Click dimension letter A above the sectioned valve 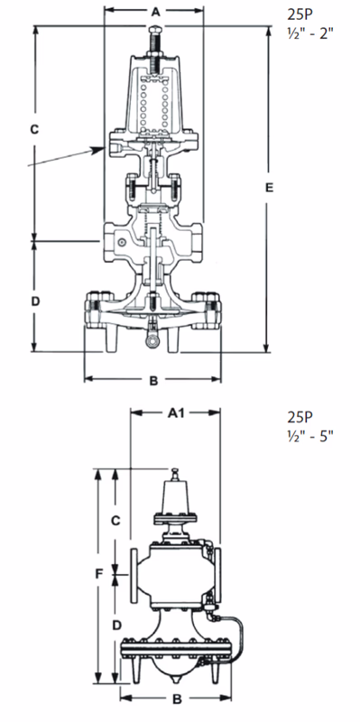pyautogui.click(x=154, y=13)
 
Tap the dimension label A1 pyautogui.click(x=176, y=412)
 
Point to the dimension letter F pyautogui.click(x=97, y=572)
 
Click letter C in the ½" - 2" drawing pyautogui.click(x=34, y=130)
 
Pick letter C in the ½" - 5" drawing pyautogui.click(x=115, y=521)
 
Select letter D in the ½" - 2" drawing pyautogui.click(x=34, y=301)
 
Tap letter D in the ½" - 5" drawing pyautogui.click(x=116, y=624)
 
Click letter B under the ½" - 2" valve pyautogui.click(x=154, y=380)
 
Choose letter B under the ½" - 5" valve pyautogui.click(x=177, y=699)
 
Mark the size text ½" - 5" pyautogui.click(x=310, y=437)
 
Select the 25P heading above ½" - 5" pyautogui.click(x=300, y=417)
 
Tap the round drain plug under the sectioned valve pyautogui.click(x=154, y=340)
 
